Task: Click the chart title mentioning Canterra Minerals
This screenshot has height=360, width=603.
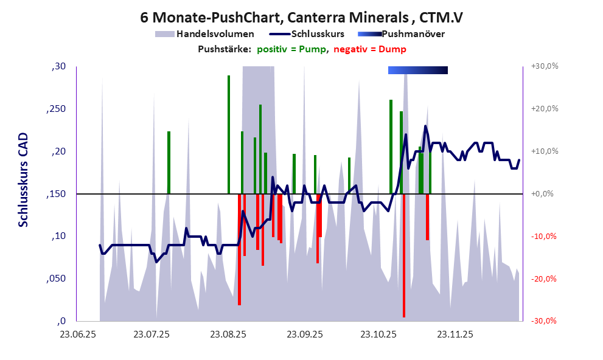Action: [301, 17]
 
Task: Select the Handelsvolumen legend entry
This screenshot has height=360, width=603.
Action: [213, 33]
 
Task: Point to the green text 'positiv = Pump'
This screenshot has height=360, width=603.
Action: [293, 49]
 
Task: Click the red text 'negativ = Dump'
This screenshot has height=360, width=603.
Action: [370, 49]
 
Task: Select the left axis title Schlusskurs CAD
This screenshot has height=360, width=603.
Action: [23, 181]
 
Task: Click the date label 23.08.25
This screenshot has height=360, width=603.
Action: [228, 334]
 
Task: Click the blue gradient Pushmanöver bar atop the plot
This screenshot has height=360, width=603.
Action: [417, 70]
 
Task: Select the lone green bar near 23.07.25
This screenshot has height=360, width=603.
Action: [169, 162]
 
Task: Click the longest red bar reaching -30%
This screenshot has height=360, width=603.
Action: [403, 255]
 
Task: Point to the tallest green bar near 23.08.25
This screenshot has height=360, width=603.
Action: [229, 134]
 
